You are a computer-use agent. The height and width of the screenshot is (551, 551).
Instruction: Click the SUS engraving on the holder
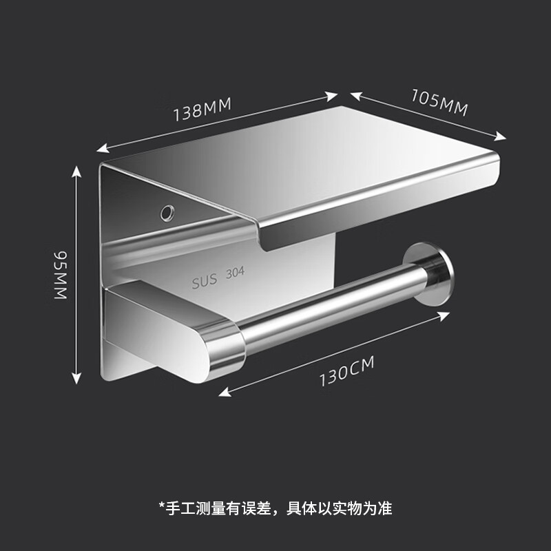[205, 282]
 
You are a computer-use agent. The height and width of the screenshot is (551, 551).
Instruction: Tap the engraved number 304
[235, 275]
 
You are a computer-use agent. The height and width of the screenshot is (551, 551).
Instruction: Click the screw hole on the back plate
[167, 210]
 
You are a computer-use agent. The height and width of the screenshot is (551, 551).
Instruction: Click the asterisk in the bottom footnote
[162, 508]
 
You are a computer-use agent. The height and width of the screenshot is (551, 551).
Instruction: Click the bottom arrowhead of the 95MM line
[77, 380]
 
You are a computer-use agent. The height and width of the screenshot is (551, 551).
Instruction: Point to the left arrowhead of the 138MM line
[100, 148]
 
